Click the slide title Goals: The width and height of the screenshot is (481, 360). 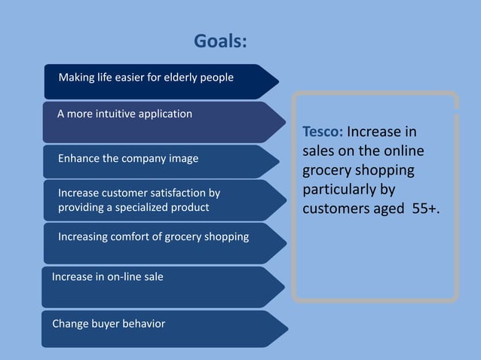[220, 41]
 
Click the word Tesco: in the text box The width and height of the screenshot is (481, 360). [323, 133]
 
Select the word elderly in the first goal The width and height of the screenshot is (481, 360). [179, 78]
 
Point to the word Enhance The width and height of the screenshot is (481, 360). [78, 158]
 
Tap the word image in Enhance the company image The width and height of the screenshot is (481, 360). [183, 158]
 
